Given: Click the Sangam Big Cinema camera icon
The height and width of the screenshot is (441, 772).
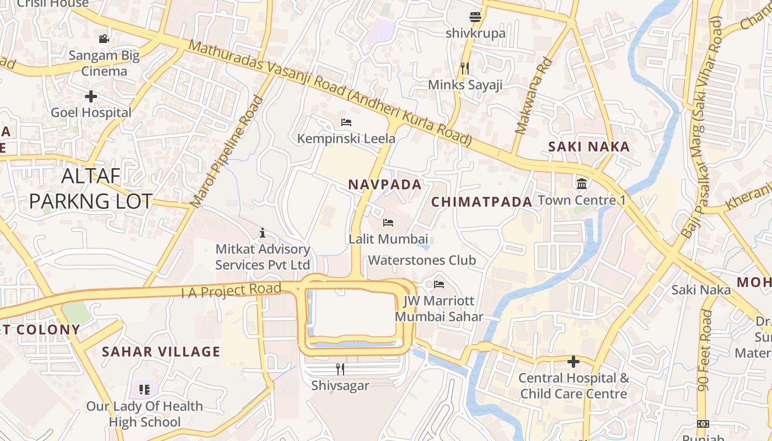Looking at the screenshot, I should pyautogui.click(x=104, y=39).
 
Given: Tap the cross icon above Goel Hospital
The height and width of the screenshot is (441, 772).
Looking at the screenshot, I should pyautogui.click(x=91, y=96).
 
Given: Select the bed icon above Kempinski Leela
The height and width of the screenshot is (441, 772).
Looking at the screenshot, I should pyautogui.click(x=346, y=122).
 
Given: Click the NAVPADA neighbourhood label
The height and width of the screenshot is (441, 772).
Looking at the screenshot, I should pyautogui.click(x=385, y=185).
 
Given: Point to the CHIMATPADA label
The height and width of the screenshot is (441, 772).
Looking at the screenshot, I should pyautogui.click(x=481, y=202).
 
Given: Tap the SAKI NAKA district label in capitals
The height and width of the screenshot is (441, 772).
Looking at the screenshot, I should pyautogui.click(x=589, y=147).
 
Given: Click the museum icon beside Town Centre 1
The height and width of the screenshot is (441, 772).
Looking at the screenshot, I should pyautogui.click(x=582, y=184).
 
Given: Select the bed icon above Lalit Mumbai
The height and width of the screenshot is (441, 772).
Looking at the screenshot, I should pyautogui.click(x=388, y=223).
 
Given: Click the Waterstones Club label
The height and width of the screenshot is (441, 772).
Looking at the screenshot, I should pyautogui.click(x=422, y=260).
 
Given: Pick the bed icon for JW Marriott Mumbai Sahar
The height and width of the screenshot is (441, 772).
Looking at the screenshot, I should pyautogui.click(x=439, y=284).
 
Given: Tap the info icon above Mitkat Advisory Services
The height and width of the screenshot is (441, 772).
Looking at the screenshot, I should pyautogui.click(x=262, y=233).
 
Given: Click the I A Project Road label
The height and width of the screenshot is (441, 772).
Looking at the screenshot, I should pyautogui.click(x=232, y=290).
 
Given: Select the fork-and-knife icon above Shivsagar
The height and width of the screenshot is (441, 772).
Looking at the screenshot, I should pyautogui.click(x=340, y=369).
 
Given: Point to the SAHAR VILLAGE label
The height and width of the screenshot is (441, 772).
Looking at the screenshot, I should pyautogui.click(x=161, y=352).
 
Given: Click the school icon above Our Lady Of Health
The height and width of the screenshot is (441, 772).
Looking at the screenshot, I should pyautogui.click(x=144, y=390).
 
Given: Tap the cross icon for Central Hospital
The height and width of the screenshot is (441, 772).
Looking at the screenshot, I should pyautogui.click(x=573, y=362).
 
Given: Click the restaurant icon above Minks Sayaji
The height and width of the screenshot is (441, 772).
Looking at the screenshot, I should pyautogui.click(x=465, y=68).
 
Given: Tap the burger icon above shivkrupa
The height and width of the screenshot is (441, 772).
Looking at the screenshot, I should pyautogui.click(x=475, y=17).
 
